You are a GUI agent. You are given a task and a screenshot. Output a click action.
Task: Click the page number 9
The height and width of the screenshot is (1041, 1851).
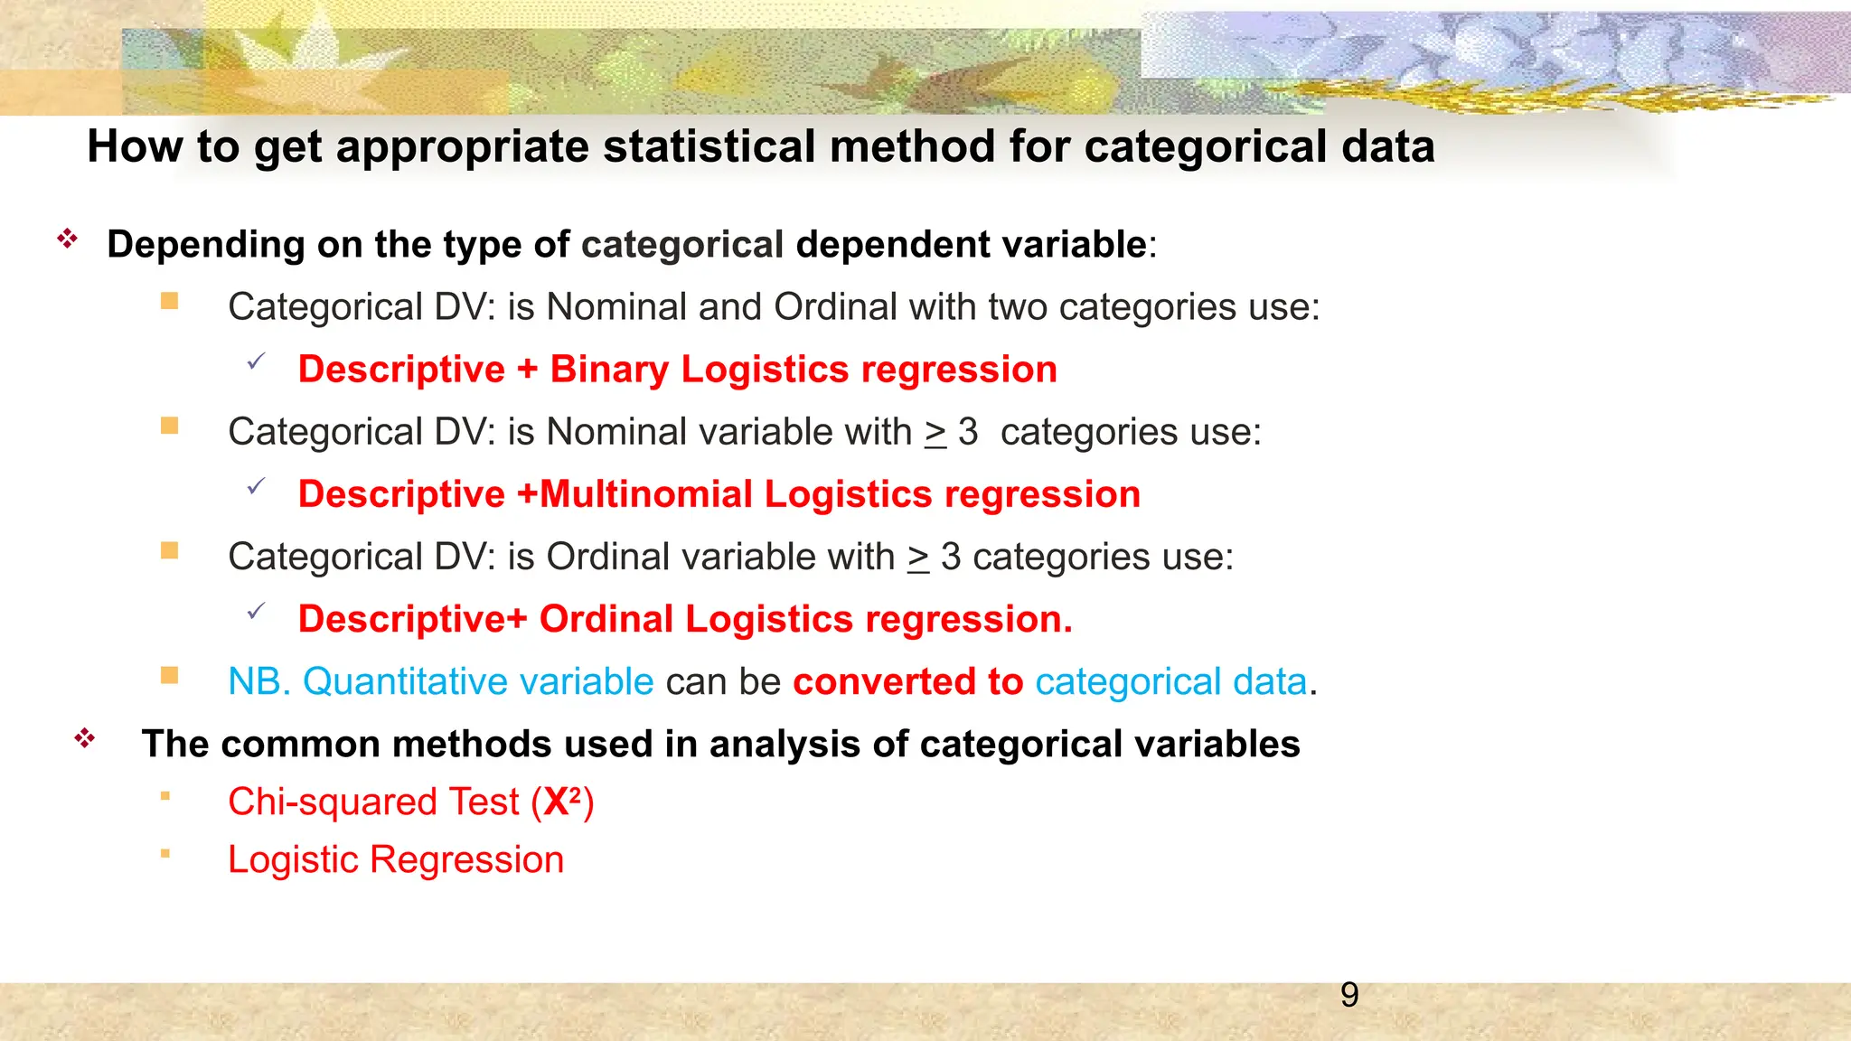point(1348,995)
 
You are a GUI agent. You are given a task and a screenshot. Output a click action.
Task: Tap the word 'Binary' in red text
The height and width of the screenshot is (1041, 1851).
point(608,370)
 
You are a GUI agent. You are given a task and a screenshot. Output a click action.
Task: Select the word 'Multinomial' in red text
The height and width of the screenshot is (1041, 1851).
point(645,494)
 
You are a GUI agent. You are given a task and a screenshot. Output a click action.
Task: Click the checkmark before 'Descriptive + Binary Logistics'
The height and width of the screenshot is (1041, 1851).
point(256,362)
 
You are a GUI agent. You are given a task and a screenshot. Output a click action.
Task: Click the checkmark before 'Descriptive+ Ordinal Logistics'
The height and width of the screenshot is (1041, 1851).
point(256,612)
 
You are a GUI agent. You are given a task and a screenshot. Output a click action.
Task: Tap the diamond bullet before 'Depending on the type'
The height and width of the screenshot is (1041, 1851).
point(68,239)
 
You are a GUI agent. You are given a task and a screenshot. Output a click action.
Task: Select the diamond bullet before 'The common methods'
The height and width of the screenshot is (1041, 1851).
point(85,738)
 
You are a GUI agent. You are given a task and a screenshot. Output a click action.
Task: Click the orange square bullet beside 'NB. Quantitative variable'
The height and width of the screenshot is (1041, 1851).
point(169,675)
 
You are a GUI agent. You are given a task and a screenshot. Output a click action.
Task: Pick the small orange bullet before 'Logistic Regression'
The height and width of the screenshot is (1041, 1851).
point(164,853)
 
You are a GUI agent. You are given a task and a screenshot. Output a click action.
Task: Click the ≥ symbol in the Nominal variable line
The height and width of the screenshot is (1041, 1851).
point(935,433)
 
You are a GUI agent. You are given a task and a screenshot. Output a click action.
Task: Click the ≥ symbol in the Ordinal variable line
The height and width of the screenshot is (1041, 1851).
point(918,558)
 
